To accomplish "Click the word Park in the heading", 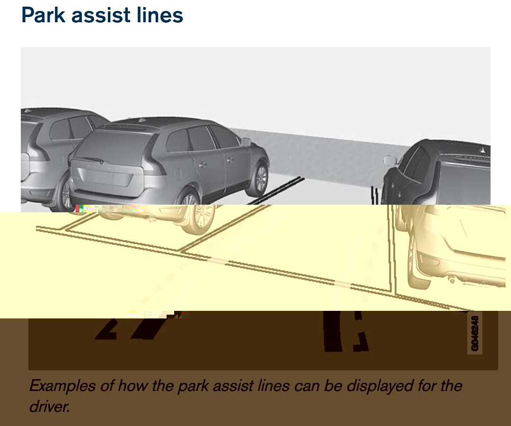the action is coord(43,15).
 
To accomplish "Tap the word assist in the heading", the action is coord(101,15).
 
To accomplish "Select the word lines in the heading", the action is coord(160,15).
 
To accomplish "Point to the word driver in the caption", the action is coord(50,406).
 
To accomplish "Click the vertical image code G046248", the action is coord(475,333).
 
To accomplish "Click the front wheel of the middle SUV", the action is coord(261,178).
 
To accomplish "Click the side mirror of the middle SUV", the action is coord(246,141).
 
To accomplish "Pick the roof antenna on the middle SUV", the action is coord(142,120).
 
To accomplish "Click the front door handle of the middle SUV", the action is coord(230,160).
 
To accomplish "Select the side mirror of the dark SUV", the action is coord(389,160).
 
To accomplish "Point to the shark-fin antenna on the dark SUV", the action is coord(483,150).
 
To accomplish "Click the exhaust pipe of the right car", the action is coord(452,280).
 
